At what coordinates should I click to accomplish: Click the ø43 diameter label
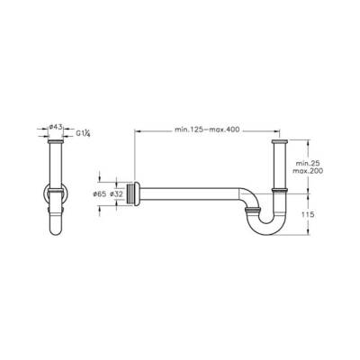[x=56, y=127]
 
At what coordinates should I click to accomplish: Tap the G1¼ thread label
[x=83, y=134]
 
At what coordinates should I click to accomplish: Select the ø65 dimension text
[x=99, y=194]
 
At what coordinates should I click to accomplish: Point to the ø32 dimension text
[x=116, y=194]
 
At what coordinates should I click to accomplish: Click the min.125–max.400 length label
[x=207, y=130]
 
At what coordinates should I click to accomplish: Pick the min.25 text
[x=309, y=164]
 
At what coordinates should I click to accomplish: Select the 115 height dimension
[x=308, y=214]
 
